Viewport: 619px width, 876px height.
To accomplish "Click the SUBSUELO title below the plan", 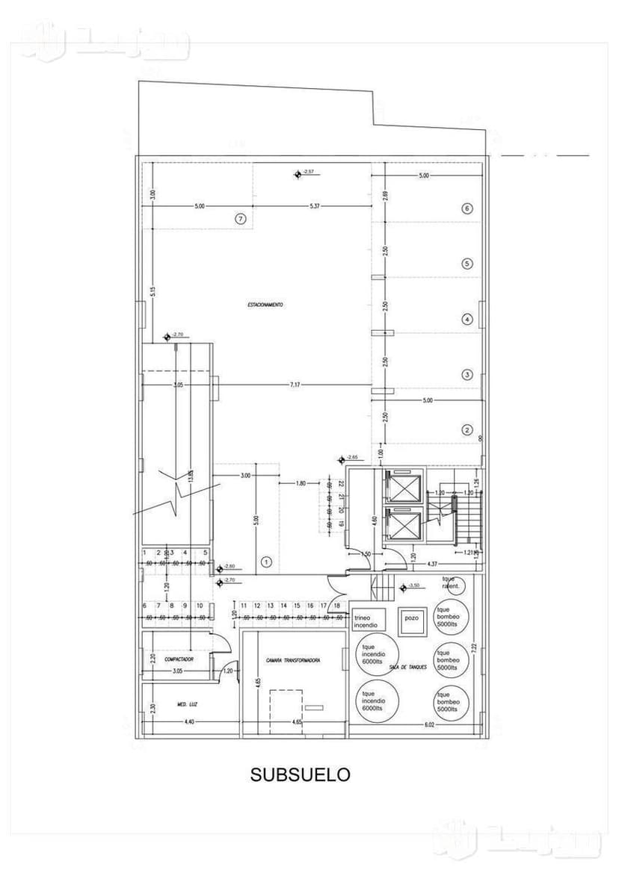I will [x=300, y=775].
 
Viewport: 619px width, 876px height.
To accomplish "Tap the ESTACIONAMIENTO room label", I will [x=265, y=305].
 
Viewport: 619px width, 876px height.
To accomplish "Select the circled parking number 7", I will [x=240, y=220].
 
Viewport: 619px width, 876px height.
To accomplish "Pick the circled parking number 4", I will [x=467, y=320].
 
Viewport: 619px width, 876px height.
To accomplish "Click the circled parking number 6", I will [x=467, y=208].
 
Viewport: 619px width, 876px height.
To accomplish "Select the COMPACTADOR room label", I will [x=179, y=660].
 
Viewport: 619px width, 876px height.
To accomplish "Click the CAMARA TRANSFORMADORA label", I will [x=294, y=661].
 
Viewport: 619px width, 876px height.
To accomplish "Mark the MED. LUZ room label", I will [x=187, y=704].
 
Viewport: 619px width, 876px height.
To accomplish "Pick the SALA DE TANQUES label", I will [x=408, y=667].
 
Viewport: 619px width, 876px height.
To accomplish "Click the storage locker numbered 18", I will [x=337, y=606].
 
